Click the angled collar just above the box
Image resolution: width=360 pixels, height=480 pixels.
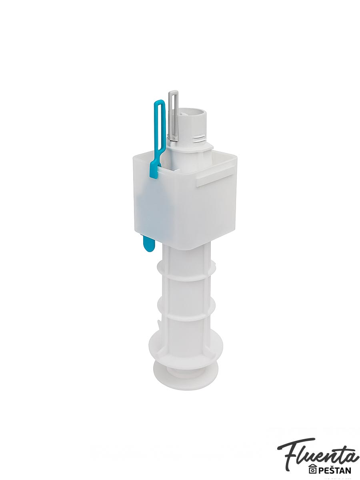tap(190, 149)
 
